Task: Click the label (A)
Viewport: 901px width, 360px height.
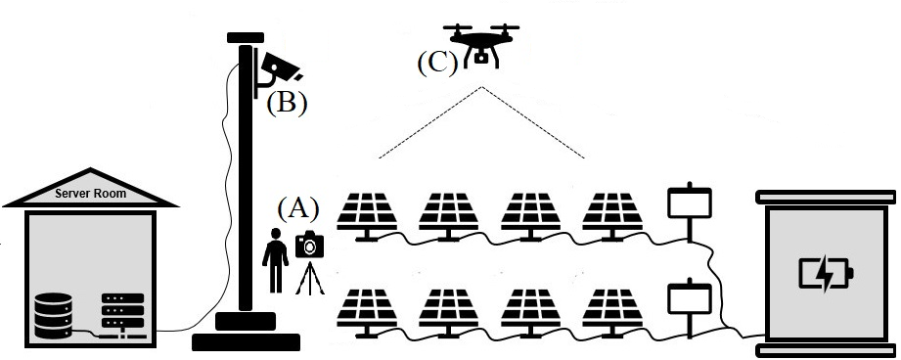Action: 298,208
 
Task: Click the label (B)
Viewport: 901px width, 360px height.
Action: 287,102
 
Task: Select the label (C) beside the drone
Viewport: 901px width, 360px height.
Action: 437,62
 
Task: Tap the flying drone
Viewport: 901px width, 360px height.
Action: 481,45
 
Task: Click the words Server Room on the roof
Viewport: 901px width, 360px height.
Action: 91,194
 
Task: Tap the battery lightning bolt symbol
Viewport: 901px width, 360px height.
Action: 825,275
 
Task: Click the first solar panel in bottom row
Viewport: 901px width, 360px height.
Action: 369,310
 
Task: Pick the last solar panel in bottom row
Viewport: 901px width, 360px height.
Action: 613,310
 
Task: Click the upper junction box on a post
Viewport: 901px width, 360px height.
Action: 688,203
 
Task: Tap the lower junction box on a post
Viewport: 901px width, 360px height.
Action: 688,298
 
